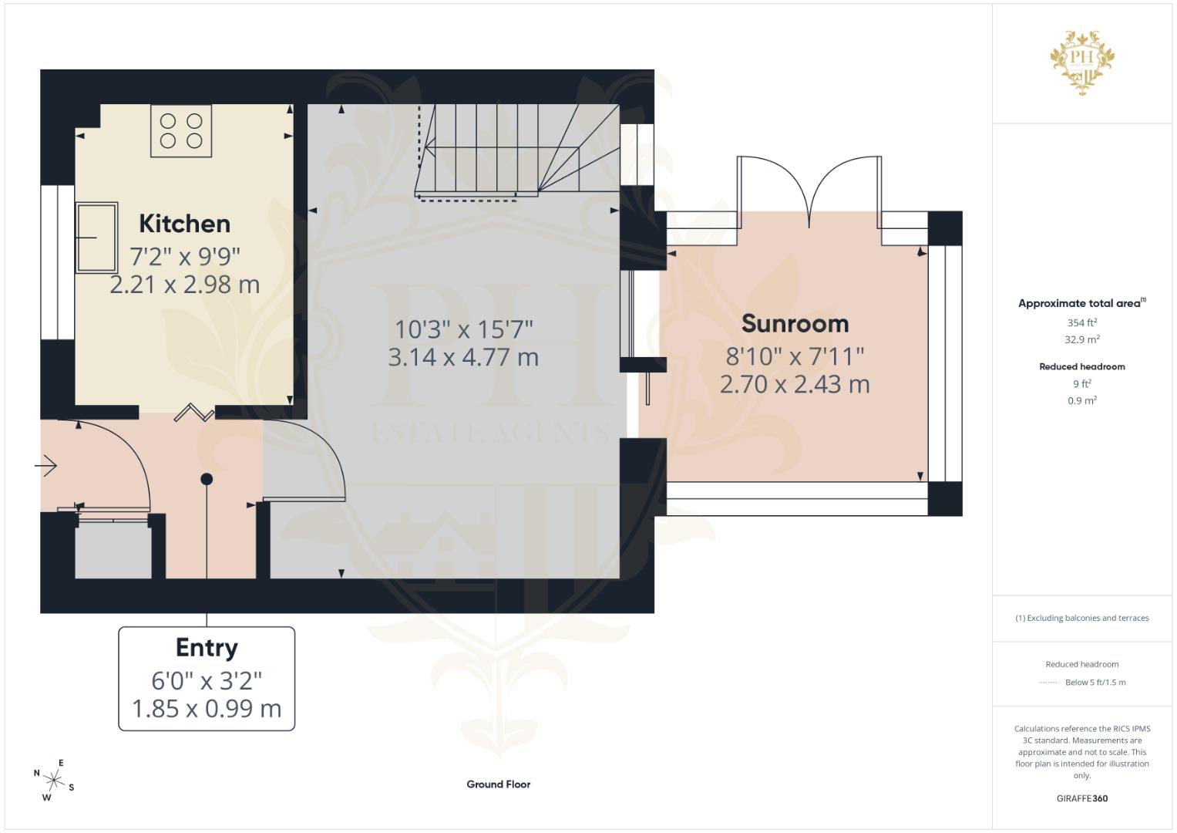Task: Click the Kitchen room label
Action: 184,224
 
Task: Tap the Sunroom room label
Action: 795,323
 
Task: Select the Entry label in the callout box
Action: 207,648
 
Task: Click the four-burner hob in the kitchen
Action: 181,131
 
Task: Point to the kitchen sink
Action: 96,238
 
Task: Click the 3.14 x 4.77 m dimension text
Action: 463,358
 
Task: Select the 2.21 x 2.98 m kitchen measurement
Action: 185,285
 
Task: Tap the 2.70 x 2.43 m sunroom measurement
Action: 795,385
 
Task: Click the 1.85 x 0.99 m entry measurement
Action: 207,709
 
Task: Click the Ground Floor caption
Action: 499,784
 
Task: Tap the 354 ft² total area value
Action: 1082,322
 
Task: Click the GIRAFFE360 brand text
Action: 1082,798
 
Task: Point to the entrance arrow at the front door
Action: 45,465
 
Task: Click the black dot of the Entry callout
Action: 207,479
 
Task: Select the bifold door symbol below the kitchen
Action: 194,413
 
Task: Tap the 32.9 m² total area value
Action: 1082,339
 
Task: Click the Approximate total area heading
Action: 1082,303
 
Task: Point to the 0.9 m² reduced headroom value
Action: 1082,400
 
